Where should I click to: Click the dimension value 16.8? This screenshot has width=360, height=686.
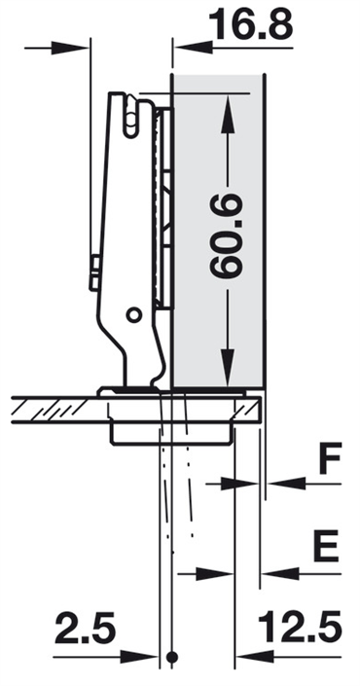pyautogui.click(x=251, y=23)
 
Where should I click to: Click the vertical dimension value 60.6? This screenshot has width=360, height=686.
pyautogui.click(x=226, y=236)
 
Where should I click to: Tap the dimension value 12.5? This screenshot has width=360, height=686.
pyautogui.click(x=300, y=627)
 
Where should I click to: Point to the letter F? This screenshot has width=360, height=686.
pyautogui.click(x=330, y=458)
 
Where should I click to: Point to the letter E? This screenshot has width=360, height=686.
pyautogui.click(x=326, y=546)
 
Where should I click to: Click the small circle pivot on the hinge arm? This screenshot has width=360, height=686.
pyautogui.click(x=134, y=314)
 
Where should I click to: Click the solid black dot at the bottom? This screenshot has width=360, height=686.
pyautogui.click(x=172, y=657)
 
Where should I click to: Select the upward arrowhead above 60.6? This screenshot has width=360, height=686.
pyautogui.click(x=228, y=114)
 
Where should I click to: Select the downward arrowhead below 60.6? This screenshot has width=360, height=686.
pyautogui.click(x=228, y=368)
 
